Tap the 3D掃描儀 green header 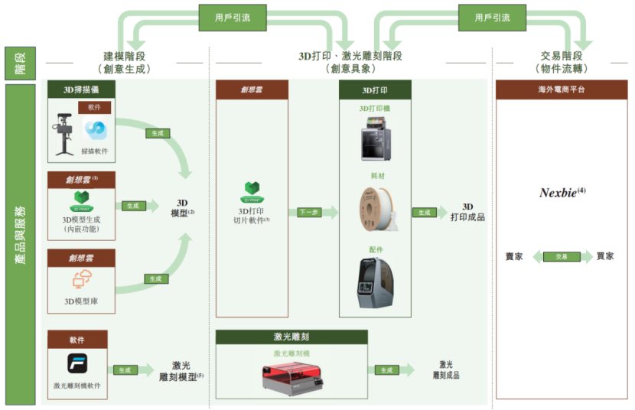click(x=81, y=89)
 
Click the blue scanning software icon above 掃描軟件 click(x=95, y=128)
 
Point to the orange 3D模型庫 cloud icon click(x=81, y=281)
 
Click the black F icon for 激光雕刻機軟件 click(x=77, y=363)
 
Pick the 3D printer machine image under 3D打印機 click(x=375, y=141)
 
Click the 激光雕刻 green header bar click(x=291, y=337)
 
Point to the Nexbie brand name click(x=562, y=193)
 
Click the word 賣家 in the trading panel click(x=514, y=256)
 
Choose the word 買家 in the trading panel click(x=605, y=256)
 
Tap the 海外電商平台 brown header click(x=561, y=89)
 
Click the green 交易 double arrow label click(x=561, y=256)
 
